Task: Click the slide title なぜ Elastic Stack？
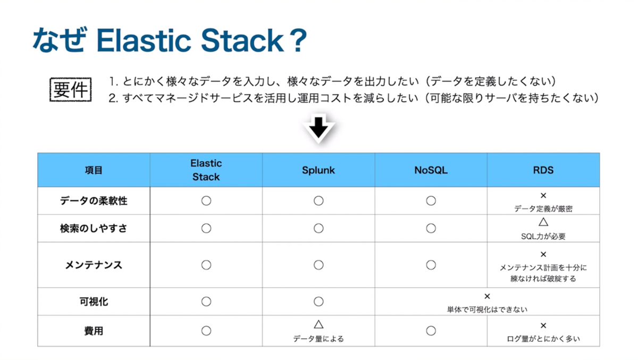click(170, 40)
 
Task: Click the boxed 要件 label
click(70, 90)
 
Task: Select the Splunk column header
click(318, 170)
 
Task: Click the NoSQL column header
click(431, 170)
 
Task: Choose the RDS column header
click(543, 170)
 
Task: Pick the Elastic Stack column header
click(206, 170)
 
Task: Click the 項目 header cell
click(94, 170)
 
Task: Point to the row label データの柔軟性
click(94, 201)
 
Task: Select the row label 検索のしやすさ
click(94, 229)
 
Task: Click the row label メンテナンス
click(94, 265)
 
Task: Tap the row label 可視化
click(94, 302)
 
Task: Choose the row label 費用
click(94, 331)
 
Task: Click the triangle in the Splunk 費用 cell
click(318, 324)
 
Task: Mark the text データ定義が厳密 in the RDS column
click(543, 209)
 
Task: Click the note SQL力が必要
click(543, 237)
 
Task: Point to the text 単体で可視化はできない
click(487, 309)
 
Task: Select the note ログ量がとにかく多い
click(543, 339)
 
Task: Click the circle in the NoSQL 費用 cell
click(431, 331)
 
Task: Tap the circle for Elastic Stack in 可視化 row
click(206, 302)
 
